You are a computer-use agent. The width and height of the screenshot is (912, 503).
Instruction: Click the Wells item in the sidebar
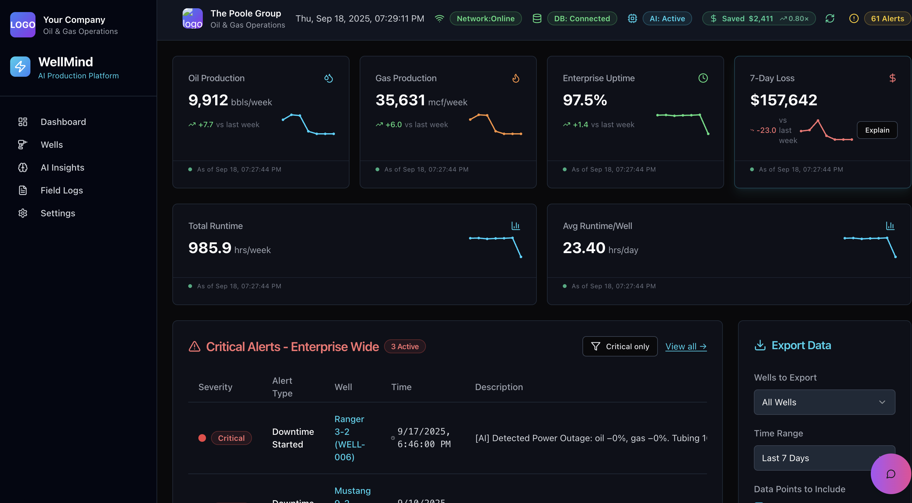pos(51,145)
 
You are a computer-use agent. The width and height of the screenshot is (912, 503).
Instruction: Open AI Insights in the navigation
pos(62,167)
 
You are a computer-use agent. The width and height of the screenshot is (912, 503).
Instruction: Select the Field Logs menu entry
pos(61,190)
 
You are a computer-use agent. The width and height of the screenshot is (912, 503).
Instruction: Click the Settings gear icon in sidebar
pos(23,213)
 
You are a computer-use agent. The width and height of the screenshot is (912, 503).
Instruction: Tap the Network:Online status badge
pos(485,18)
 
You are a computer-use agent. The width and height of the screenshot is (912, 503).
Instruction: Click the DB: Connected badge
pos(581,18)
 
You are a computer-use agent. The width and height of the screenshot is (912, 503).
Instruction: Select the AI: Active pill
pos(667,18)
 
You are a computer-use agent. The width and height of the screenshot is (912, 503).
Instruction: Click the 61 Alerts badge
pos(887,18)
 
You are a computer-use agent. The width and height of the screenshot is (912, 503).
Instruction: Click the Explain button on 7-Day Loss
pos(877,130)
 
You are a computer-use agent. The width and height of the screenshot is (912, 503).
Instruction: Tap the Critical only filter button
pos(620,346)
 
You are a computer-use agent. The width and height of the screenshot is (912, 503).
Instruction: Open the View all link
pos(685,346)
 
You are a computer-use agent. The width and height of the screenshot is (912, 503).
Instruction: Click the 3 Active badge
pos(404,346)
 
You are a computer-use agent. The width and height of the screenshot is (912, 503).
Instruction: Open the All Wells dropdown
pos(824,402)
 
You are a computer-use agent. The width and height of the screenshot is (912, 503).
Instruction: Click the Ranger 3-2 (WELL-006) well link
pos(349,438)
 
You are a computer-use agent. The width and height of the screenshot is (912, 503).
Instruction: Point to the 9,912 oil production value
pos(208,100)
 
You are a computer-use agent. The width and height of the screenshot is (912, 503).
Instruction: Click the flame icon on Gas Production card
pos(516,78)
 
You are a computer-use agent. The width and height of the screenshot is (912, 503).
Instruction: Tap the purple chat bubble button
pos(890,474)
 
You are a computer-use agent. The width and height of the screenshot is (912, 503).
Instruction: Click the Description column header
pos(498,387)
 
